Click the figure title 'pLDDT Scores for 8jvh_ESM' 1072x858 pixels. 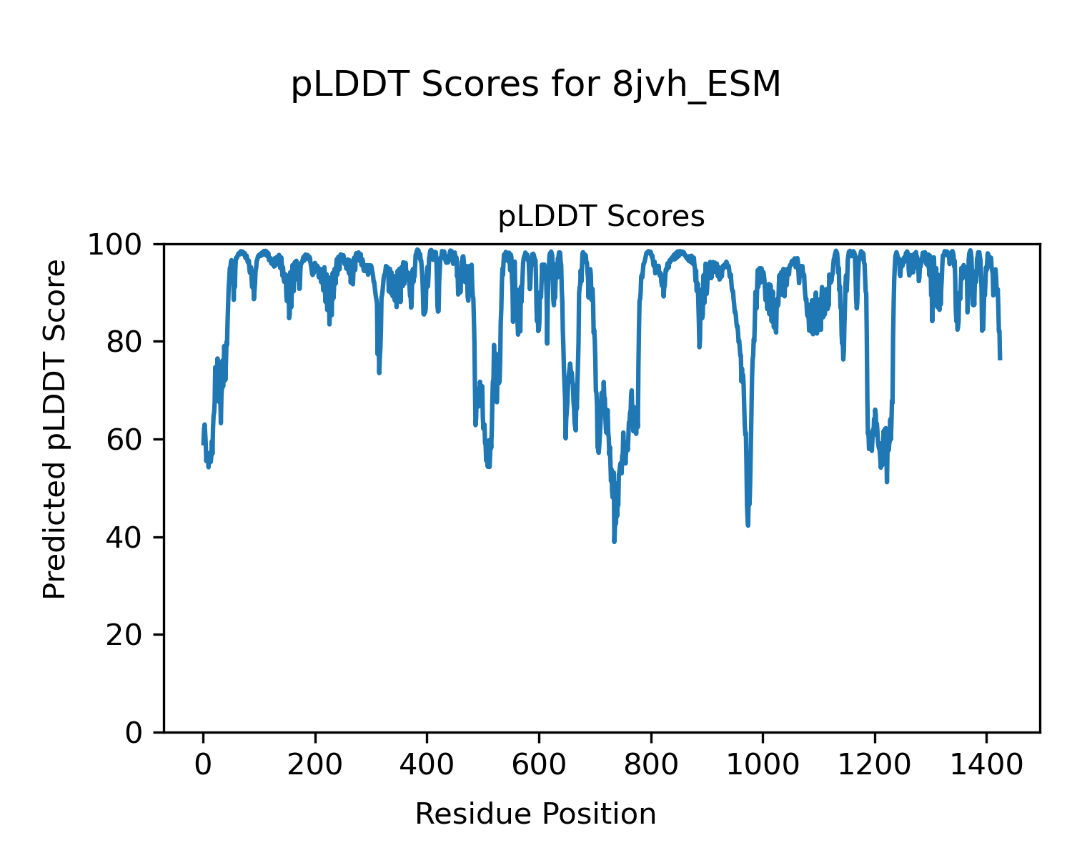[x=536, y=85]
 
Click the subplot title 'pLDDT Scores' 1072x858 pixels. [x=601, y=217]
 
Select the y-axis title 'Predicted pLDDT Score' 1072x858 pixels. [x=55, y=429]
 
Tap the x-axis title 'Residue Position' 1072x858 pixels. [x=536, y=814]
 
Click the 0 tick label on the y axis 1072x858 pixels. [x=134, y=733]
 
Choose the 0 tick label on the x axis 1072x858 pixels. [x=203, y=765]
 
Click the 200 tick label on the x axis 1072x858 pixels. [x=314, y=765]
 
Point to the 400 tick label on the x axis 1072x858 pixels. [x=427, y=765]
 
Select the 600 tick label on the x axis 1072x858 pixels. [x=538, y=765]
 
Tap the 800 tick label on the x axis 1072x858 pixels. [x=650, y=765]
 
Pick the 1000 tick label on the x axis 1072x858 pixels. [x=763, y=765]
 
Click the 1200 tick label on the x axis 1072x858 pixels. [x=874, y=765]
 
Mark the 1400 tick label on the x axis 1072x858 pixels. [x=986, y=765]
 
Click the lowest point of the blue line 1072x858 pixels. [x=614, y=541]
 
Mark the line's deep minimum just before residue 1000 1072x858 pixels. [x=748, y=525]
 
